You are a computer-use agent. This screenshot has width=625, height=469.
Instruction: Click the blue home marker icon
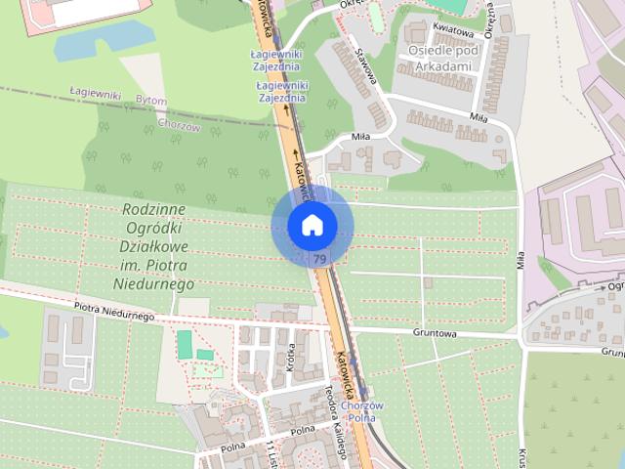(x=312, y=226)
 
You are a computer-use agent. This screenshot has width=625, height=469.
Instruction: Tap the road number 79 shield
(x=319, y=259)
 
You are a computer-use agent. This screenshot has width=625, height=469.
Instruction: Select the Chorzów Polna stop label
(x=362, y=411)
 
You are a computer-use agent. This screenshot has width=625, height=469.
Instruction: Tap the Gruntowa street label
(x=437, y=332)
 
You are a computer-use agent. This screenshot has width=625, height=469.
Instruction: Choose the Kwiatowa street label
(x=455, y=33)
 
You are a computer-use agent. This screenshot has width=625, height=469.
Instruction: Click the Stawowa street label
(x=366, y=64)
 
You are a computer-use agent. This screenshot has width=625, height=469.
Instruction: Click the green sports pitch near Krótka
(x=185, y=344)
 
